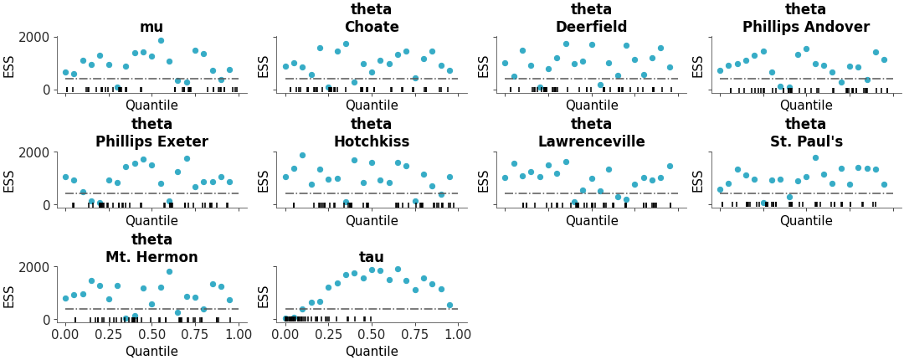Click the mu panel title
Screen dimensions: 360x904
pos(152,27)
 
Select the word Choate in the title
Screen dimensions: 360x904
pos(371,27)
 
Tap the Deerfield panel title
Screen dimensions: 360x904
pos(591,27)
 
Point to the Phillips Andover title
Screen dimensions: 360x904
pos(805,27)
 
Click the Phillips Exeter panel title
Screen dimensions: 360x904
pos(152,141)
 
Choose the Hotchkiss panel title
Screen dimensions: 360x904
pos(371,141)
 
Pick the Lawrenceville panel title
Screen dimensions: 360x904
pos(591,141)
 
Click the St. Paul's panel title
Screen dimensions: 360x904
pos(805,141)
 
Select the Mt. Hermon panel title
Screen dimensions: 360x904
pos(152,257)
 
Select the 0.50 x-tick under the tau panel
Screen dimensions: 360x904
pos(372,334)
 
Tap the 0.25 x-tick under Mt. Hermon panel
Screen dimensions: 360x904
pos(109,334)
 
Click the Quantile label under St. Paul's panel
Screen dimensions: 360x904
pos(806,221)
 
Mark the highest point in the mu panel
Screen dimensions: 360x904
pos(161,40)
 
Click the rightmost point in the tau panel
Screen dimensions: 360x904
pos(449,306)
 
